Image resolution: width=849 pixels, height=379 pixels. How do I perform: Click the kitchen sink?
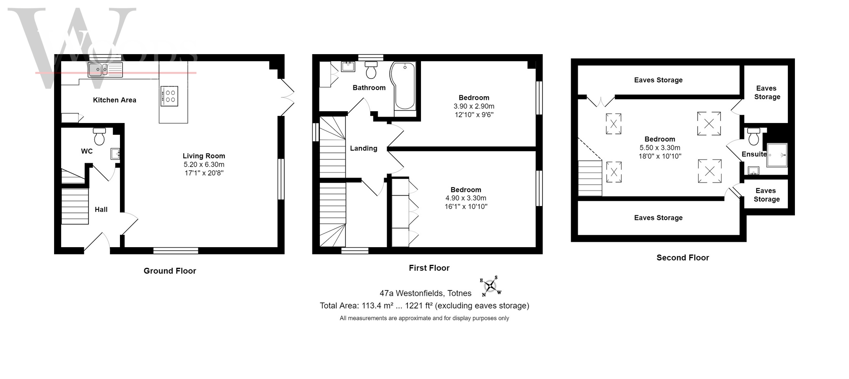(x=105, y=70)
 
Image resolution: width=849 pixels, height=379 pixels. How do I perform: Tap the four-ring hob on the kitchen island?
(x=170, y=96)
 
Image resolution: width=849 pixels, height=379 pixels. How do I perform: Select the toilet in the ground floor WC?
(x=99, y=136)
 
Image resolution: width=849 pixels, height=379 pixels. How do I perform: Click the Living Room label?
(x=204, y=156)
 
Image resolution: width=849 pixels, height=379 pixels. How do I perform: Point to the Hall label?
(x=101, y=209)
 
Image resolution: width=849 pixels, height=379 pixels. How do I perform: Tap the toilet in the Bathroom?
(x=371, y=70)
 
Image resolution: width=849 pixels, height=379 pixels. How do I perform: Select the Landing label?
(x=363, y=148)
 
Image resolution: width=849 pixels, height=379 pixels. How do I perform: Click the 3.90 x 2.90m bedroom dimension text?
(x=474, y=106)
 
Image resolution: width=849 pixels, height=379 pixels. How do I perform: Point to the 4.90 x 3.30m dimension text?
(x=466, y=198)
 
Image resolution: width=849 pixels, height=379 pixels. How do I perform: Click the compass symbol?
(x=490, y=286)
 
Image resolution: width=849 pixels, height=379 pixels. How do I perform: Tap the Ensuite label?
(x=754, y=154)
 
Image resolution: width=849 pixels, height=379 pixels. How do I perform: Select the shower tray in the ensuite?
(x=777, y=155)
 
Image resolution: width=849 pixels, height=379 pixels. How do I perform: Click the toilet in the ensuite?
(x=753, y=136)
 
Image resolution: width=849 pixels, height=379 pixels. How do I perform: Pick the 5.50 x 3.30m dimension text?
(x=660, y=148)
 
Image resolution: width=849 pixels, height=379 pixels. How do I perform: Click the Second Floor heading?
(x=683, y=258)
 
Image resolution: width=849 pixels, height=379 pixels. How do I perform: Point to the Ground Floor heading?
(x=170, y=271)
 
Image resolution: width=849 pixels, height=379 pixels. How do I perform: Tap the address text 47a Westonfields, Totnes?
(x=426, y=293)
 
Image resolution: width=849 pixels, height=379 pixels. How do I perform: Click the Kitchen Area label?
(x=114, y=100)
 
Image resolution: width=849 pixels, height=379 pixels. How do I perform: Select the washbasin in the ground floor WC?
(x=115, y=154)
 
